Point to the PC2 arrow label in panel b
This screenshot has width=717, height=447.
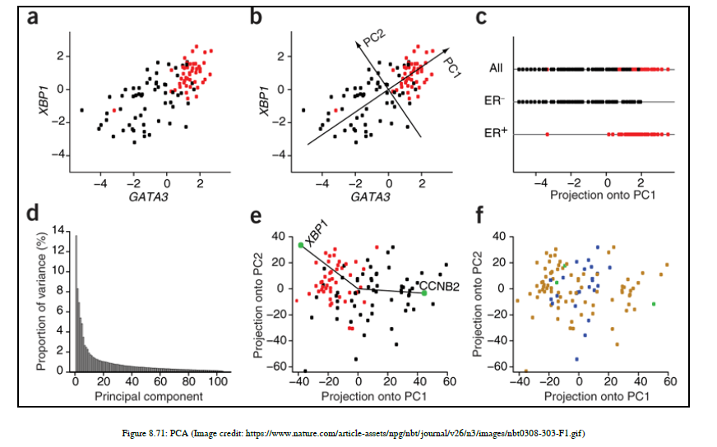pos(375,38)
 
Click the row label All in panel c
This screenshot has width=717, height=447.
pos(495,70)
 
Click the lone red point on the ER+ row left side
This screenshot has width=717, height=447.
pos(547,133)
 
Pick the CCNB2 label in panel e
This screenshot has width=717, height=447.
pos(440,286)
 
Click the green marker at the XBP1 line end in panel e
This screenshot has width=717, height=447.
pos(301,245)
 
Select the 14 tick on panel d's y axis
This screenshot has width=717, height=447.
pos(59,230)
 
